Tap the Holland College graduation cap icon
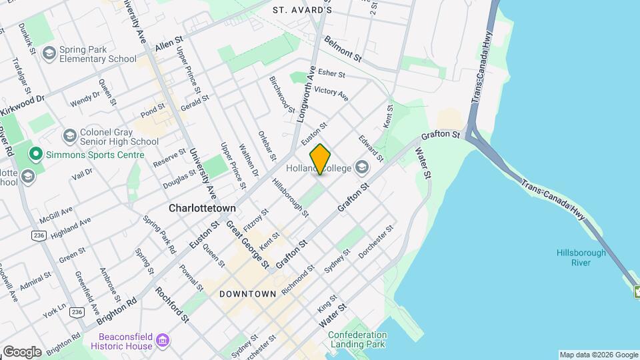pos(362,167)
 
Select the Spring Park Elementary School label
pos(97,54)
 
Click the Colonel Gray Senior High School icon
pos(69,137)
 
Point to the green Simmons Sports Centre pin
pos(35,155)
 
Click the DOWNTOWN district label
pos(247,294)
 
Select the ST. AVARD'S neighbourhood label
pos(303,10)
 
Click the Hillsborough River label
pos(581,257)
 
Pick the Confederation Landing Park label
pos(357,340)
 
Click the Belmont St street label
pos(343,49)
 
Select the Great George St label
pos(247,245)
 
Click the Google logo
pos(22,351)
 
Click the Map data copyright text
pos(599,355)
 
